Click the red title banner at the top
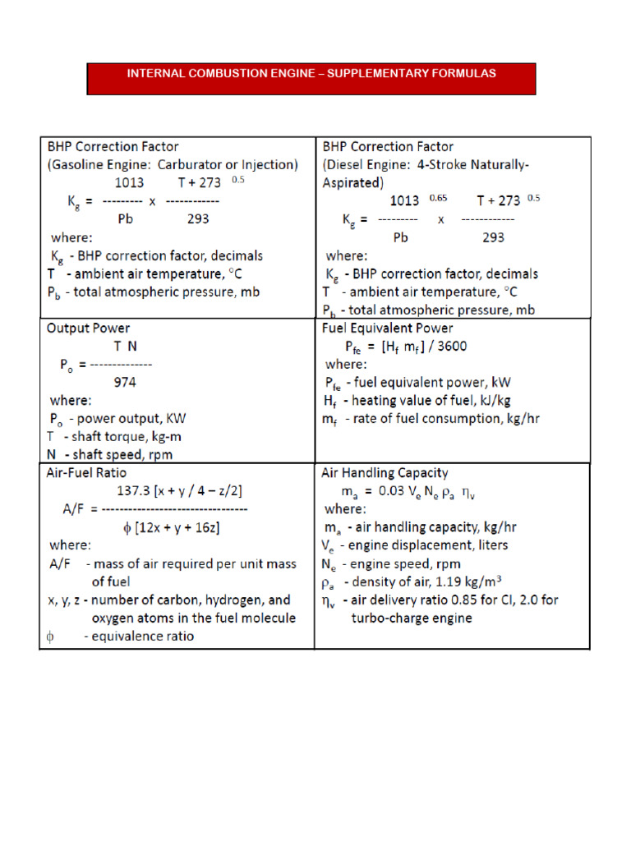point(311,78)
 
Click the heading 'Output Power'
point(88,328)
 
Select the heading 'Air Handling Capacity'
point(385,473)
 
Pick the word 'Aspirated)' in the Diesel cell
point(352,182)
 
